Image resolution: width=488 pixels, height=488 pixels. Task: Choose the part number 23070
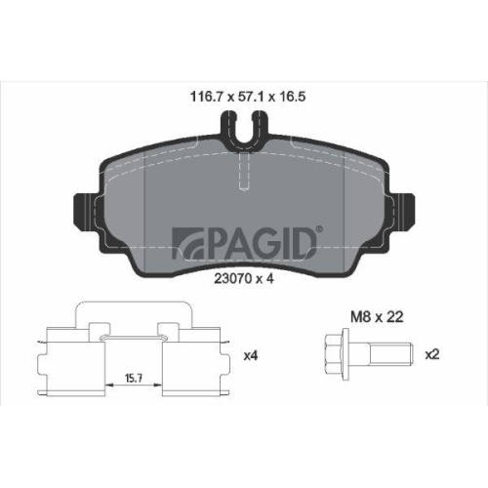227,277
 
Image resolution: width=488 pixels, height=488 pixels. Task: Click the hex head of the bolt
334,353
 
